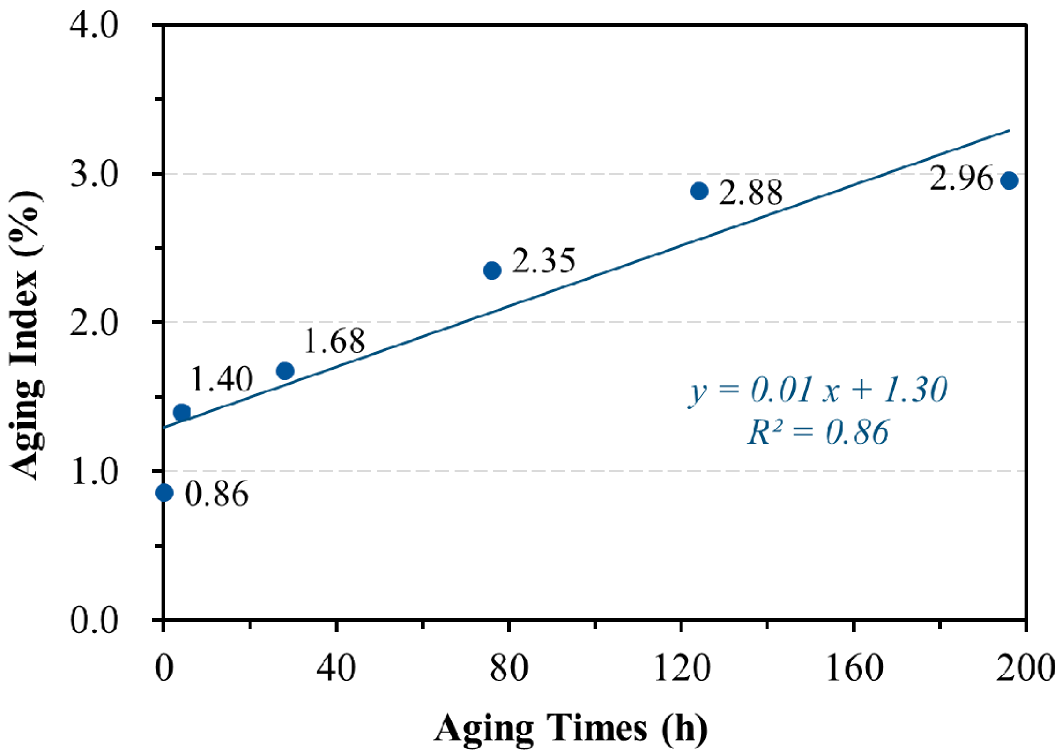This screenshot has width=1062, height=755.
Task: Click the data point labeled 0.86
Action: coord(164,492)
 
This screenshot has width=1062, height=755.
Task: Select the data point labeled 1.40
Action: coord(182,412)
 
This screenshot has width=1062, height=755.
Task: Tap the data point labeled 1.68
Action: coord(285,370)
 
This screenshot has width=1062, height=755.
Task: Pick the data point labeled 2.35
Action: coord(492,270)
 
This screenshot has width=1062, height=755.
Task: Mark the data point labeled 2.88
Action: coord(699,191)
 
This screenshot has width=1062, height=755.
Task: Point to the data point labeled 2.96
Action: coord(1009,180)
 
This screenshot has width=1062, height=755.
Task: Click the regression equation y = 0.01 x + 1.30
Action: coord(817,390)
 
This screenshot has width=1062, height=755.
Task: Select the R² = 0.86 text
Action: coord(817,431)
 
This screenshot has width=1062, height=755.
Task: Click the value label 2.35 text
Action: coord(543,260)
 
